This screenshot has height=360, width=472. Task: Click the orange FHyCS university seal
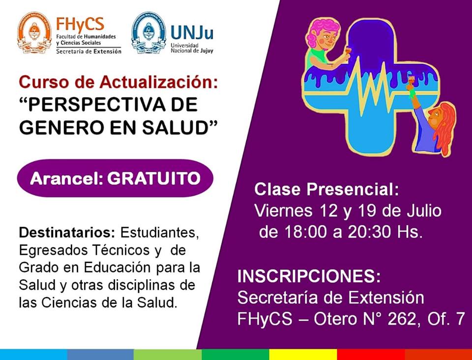[x=34, y=33]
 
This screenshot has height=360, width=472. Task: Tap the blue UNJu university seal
[x=148, y=33]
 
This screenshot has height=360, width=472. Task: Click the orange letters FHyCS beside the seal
[x=80, y=25]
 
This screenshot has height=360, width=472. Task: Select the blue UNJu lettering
[x=192, y=33]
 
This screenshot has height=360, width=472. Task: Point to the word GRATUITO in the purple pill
[x=154, y=179]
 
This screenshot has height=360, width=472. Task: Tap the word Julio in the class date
[x=424, y=210]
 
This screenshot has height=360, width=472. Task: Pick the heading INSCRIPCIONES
[x=309, y=276]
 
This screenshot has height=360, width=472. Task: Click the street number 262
[x=402, y=319]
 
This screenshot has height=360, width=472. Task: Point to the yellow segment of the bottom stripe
[x=303, y=354]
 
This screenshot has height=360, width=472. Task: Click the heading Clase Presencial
[x=326, y=190]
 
